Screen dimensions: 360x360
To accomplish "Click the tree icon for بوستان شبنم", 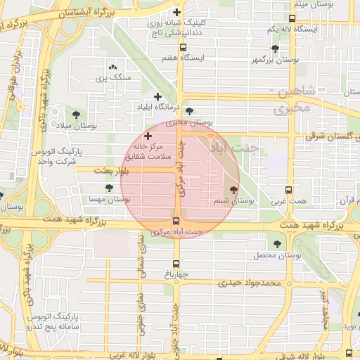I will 233,190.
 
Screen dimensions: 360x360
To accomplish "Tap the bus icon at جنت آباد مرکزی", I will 176,221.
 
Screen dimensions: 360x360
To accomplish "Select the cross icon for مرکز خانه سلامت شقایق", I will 148,135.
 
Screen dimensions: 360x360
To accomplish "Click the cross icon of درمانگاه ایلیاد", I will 157,96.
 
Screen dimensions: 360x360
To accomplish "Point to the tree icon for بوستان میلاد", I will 76,115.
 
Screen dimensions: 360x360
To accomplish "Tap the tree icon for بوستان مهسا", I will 109,188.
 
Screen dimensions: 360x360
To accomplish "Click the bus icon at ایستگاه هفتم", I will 183,48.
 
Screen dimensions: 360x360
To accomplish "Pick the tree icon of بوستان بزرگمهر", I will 275,49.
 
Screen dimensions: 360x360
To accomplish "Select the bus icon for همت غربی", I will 288,190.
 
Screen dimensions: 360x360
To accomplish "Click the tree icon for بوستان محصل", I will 278,243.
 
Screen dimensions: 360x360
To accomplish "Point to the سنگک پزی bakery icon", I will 114,65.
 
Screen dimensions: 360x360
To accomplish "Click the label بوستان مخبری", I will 184,122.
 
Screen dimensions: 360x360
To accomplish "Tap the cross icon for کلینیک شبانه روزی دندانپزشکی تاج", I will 176,12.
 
